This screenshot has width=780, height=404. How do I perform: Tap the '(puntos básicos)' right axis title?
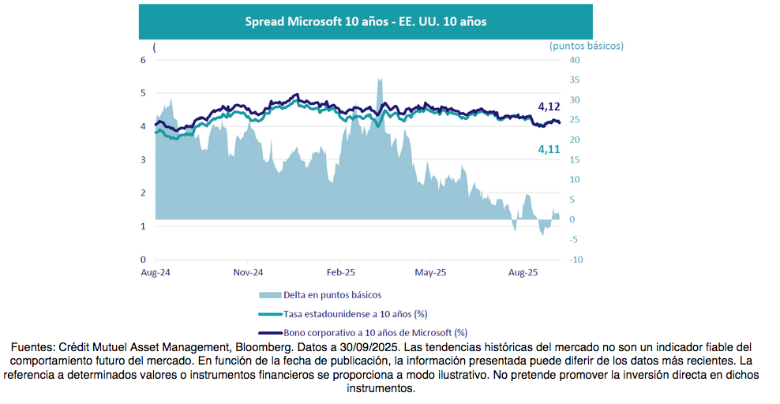[x=586, y=46]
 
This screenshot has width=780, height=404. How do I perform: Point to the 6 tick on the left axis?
[x=144, y=60]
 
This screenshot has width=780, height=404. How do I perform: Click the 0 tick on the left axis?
[x=144, y=260]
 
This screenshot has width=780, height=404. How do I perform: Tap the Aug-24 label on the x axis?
[x=156, y=272]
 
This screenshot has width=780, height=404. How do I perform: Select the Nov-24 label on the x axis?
[x=248, y=272]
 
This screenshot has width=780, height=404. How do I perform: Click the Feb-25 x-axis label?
[x=341, y=272]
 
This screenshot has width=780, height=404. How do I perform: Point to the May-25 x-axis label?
[x=430, y=272]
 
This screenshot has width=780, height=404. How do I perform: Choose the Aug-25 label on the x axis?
[x=523, y=272]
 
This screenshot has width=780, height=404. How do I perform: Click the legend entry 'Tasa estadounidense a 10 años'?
[x=344, y=314]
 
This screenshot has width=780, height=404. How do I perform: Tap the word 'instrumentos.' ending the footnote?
[x=381, y=389]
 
